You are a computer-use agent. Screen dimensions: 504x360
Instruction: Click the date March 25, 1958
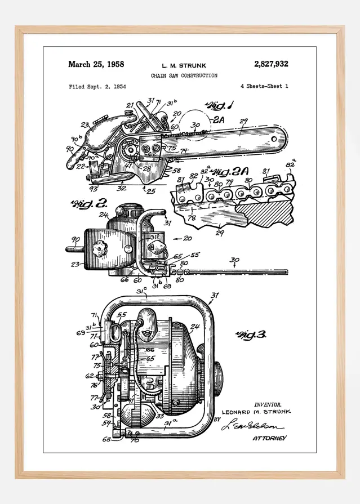[96, 64]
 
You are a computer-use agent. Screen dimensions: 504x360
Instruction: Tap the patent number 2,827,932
[271, 64]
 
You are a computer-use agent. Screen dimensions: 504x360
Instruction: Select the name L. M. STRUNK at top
[184, 66]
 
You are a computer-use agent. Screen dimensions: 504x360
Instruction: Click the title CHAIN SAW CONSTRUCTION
[184, 75]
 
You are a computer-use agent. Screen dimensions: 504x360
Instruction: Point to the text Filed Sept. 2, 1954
[97, 87]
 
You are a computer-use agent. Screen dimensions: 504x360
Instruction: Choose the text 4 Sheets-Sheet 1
[264, 87]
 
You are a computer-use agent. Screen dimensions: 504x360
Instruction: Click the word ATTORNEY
[269, 438]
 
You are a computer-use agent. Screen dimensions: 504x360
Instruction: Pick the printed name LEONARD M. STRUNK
[256, 412]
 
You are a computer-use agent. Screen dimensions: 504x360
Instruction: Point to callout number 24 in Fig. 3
[195, 326]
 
